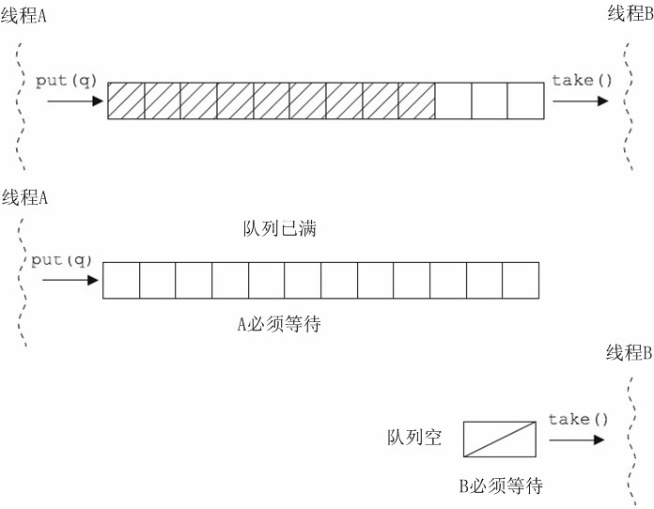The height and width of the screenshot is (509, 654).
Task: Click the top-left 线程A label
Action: tap(24, 17)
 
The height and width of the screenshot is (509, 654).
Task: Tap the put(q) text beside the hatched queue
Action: tap(66, 80)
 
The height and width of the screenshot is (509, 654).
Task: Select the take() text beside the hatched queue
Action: tap(582, 80)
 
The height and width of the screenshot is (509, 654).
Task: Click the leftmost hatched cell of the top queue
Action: tap(126, 101)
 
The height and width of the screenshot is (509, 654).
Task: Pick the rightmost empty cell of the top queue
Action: tap(525, 101)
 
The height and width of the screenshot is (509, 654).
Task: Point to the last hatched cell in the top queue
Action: tap(416, 101)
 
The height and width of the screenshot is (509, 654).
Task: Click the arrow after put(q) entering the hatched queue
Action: tap(74, 100)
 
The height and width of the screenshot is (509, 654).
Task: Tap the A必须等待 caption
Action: tap(279, 324)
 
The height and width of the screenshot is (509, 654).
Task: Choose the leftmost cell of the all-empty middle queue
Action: tap(121, 280)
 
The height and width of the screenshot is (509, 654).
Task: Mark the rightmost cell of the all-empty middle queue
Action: tap(521, 280)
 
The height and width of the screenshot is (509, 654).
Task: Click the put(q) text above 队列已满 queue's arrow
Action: tap(62, 259)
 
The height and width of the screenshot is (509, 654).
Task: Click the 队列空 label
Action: tap(413, 438)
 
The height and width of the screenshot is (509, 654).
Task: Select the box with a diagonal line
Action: tap(499, 439)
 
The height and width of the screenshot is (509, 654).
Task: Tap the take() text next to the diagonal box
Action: tap(578, 419)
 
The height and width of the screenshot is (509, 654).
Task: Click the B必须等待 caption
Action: tap(500, 486)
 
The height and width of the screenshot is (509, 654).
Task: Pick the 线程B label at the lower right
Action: tap(629, 353)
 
